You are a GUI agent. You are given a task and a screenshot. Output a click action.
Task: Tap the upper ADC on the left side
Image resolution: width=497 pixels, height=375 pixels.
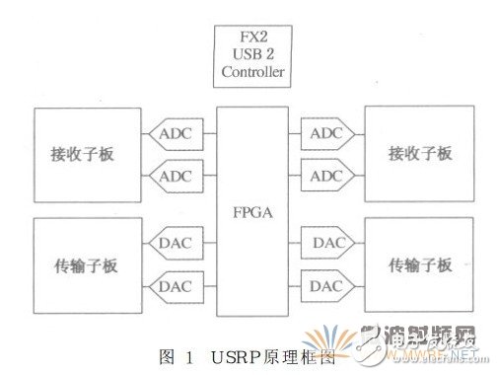174,131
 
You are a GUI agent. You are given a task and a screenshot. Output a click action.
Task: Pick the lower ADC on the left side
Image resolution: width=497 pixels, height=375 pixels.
174,176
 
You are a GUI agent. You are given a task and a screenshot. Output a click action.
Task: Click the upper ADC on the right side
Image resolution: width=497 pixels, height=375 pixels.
326,131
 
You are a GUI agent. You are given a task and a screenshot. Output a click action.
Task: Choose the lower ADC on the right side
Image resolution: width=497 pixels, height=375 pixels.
326,176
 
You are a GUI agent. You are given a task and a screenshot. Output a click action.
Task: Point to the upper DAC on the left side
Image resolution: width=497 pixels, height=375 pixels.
174,242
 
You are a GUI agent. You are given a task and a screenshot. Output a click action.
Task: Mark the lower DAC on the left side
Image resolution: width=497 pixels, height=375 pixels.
174,286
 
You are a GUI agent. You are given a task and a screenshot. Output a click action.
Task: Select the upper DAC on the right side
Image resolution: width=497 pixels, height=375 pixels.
326,242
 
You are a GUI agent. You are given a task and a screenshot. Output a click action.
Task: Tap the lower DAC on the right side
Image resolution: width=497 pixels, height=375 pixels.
326,286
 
